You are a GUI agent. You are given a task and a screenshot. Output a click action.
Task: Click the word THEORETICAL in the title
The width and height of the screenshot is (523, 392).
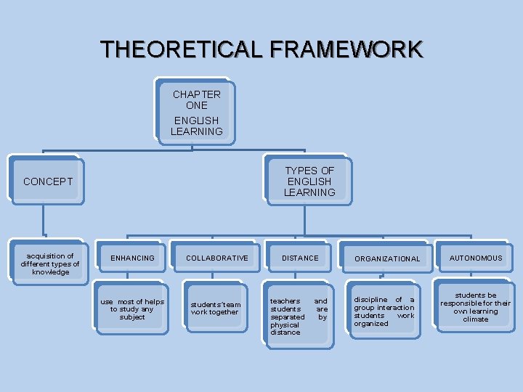(184, 49)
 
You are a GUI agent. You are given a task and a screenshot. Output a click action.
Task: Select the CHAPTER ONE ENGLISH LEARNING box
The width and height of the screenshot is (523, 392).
(196, 113)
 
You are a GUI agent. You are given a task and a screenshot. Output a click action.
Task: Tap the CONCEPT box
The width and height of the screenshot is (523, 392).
(48, 181)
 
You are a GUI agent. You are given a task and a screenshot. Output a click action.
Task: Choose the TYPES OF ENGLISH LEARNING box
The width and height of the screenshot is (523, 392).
(309, 181)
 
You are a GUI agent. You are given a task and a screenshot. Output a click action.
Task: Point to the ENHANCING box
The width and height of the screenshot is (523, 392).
(132, 258)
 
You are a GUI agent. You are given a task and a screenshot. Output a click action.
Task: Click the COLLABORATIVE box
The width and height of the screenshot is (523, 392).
(216, 258)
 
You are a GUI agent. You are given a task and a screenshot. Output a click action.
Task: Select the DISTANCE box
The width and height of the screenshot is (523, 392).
(300, 258)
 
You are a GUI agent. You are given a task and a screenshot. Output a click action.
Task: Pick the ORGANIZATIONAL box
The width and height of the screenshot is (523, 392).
(387, 259)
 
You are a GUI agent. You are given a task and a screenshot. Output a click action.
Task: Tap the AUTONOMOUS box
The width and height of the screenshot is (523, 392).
(476, 258)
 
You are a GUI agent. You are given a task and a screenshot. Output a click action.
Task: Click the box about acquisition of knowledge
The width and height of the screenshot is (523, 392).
(49, 264)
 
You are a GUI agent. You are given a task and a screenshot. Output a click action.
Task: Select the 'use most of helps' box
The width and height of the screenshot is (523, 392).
(132, 309)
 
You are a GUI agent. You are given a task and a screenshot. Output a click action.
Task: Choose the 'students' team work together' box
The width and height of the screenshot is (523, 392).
(215, 309)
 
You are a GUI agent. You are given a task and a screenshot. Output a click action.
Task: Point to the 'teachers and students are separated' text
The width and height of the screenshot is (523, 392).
(299, 317)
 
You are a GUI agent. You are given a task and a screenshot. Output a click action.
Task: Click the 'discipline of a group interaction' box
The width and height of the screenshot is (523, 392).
(384, 311)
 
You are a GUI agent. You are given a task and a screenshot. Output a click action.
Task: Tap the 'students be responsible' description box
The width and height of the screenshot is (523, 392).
(476, 307)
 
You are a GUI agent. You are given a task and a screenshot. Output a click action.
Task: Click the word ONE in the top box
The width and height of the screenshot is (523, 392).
(196, 105)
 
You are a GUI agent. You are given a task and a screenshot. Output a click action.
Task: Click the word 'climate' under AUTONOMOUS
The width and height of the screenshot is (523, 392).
(476, 319)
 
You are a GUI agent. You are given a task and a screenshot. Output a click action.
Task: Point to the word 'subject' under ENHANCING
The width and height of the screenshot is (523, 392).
(132, 317)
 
